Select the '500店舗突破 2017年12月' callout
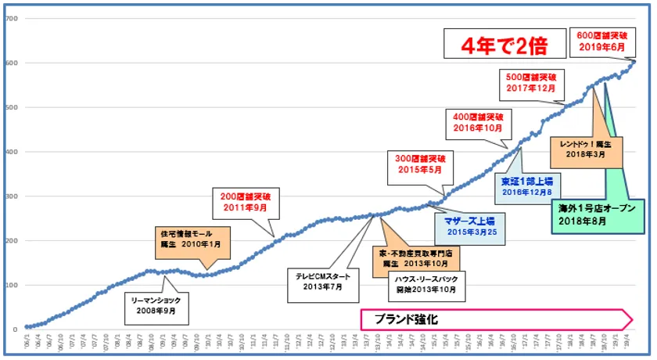pos(530,83)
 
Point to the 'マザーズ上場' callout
pos(469,226)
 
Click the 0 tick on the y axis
pos(15,329)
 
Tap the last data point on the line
pos(634,62)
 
